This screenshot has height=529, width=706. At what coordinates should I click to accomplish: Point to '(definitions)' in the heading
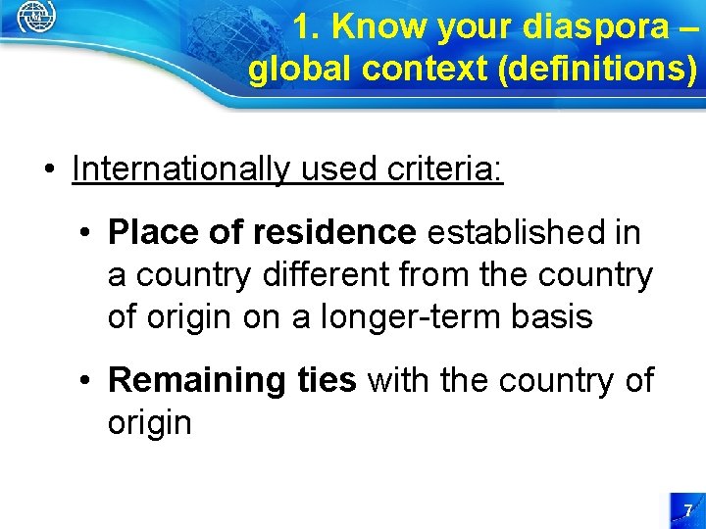[x=597, y=70]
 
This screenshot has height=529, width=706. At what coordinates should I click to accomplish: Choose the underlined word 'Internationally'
[x=181, y=169]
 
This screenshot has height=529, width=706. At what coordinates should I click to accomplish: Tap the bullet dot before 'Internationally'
[x=49, y=169]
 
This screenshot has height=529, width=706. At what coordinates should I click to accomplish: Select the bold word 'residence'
[x=333, y=233]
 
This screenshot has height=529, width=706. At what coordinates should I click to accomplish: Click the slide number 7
[x=688, y=510]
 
